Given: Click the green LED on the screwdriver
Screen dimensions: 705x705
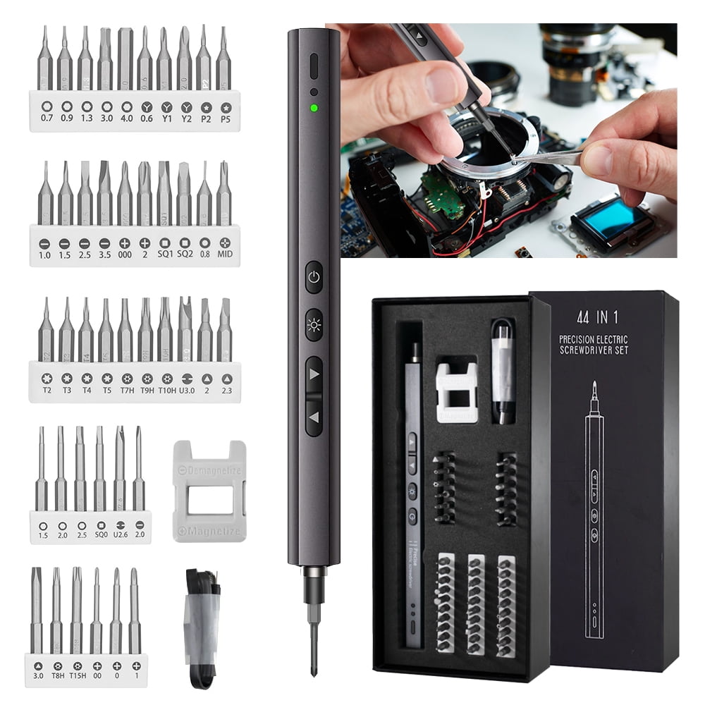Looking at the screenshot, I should (314, 109).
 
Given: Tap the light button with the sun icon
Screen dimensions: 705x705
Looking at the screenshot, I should (314, 325).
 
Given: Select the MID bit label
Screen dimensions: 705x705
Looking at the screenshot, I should (225, 253).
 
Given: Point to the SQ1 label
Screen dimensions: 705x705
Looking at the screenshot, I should (164, 253).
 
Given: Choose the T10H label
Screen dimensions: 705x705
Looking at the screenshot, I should (167, 389).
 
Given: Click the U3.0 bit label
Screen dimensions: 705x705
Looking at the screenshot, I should (187, 389).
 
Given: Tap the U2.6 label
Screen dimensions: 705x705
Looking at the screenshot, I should (120, 535).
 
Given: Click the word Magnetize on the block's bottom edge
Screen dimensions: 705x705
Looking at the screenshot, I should (209, 531).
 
